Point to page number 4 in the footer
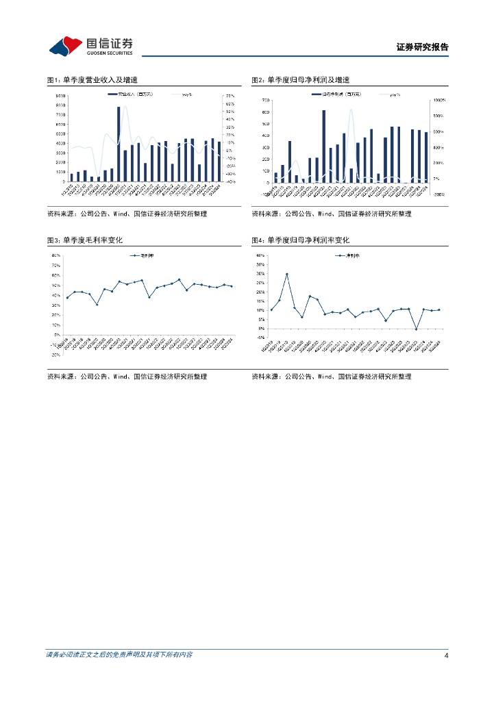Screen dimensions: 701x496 [x=446, y=655]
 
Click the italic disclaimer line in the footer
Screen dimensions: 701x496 [x=119, y=655]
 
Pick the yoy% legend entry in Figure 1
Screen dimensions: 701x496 [x=186, y=94]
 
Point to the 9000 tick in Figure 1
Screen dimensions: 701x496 [x=61, y=96]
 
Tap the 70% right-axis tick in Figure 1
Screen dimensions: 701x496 [x=230, y=96]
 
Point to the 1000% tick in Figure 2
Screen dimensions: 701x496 [x=438, y=100]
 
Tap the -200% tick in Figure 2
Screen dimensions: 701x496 [x=438, y=194]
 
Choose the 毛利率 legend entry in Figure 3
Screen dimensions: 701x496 [x=140, y=255]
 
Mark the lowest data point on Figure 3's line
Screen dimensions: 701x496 [x=97, y=304]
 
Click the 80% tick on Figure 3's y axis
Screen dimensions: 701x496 [x=57, y=255]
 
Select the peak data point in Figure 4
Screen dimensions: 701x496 [x=287, y=275]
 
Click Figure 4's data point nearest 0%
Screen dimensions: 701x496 [x=416, y=329]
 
